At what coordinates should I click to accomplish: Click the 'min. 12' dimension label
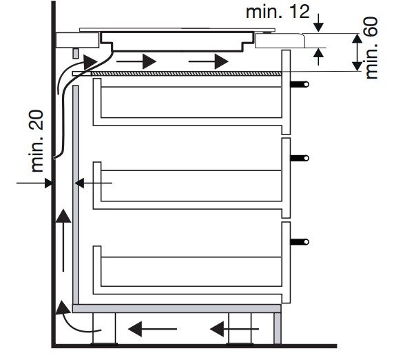coord(278,12)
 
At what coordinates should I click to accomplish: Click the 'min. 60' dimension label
coord(371,48)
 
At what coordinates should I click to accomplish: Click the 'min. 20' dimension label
coord(37,141)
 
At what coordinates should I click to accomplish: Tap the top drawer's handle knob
coord(307,84)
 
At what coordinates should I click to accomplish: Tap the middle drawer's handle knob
coord(307,158)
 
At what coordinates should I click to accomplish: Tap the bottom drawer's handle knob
coord(307,242)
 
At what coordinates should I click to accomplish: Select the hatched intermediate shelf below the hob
coord(186,74)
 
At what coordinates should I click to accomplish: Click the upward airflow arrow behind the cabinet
coord(63,240)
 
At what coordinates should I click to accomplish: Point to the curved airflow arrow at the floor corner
coord(75,317)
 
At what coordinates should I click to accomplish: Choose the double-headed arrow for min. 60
coord(357,52)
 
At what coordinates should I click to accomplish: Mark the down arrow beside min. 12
coord(318,23)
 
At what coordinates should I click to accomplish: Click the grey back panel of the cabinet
coord(76,195)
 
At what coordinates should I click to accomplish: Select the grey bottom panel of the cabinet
coord(176,308)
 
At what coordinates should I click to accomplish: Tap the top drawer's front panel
coord(286,92)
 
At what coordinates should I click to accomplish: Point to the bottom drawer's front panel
coord(286,262)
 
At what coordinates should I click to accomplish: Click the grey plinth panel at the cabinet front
coord(278,328)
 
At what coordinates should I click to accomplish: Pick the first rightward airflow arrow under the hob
coord(136,61)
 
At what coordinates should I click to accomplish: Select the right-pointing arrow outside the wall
coord(34,183)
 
